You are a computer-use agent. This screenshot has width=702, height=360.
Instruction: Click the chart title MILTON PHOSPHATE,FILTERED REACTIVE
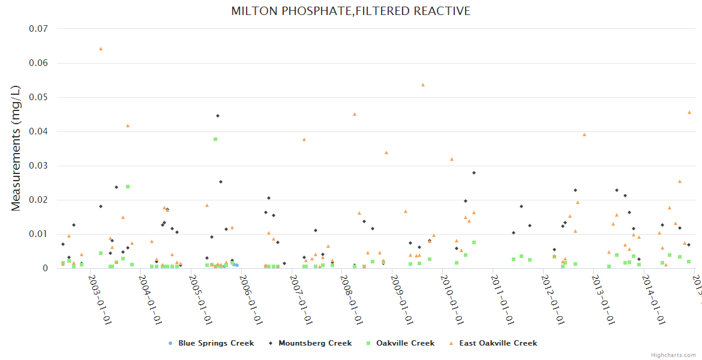[x=350, y=11]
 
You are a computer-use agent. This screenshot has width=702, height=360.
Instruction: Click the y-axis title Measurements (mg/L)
[x=16, y=148]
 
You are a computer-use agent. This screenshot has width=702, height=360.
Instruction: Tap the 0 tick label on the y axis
[x=44, y=268]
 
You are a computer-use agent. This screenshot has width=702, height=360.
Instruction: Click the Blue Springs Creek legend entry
[x=215, y=343]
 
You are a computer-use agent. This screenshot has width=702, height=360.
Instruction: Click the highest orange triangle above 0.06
[x=101, y=49]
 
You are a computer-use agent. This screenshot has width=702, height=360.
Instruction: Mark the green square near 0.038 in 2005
[x=215, y=139]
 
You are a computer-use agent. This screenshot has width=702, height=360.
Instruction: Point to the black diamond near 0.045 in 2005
[x=218, y=116]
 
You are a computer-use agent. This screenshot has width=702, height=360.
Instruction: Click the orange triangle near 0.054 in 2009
[x=423, y=85]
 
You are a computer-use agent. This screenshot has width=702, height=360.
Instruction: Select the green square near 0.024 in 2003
[x=128, y=187]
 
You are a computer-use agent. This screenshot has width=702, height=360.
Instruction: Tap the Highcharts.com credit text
[x=673, y=355]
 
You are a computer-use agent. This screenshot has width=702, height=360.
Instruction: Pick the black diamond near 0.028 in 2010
[x=474, y=173]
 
